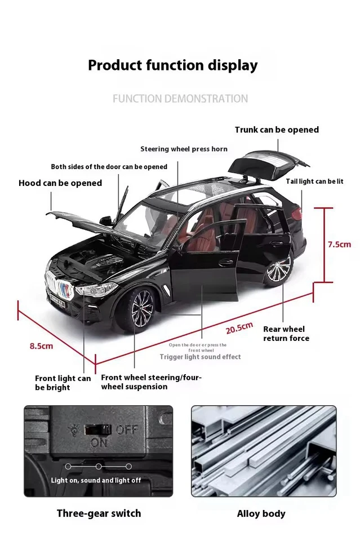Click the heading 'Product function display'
pos(172,65)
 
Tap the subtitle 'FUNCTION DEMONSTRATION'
pos(180,99)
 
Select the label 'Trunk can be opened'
pos(277,130)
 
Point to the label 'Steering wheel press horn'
pos(184,149)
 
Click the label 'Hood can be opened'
pos(60,183)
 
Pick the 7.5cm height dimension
pos(339,244)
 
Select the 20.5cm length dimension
pos(239,327)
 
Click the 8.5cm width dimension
pos(41,345)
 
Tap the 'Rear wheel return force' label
pos(286,334)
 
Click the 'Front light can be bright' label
pos(63,383)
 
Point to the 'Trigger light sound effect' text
pos(200,357)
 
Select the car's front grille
pos(60,287)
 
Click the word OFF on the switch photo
pos(127,430)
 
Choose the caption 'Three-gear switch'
pos(99,513)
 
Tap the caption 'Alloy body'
pos(261,513)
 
